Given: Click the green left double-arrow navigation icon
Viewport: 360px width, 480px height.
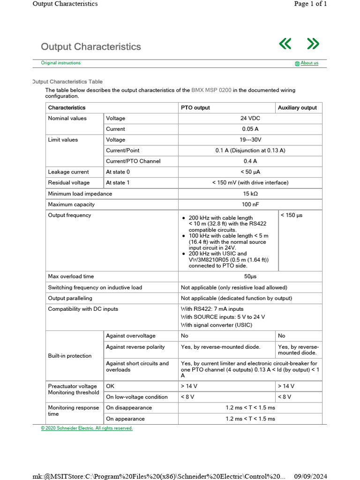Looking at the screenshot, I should (285, 44).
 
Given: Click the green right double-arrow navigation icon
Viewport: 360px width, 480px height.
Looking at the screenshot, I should (313, 44).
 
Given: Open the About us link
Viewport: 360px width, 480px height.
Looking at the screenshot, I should (309, 63).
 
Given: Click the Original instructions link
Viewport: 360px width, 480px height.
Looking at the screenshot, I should (60, 63).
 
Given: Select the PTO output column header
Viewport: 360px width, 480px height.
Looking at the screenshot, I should (195, 108).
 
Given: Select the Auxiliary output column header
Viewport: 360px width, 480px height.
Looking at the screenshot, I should (297, 108).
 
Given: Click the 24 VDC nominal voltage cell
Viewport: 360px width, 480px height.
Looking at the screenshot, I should (250, 119).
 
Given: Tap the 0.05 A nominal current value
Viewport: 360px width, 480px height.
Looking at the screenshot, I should (250, 129).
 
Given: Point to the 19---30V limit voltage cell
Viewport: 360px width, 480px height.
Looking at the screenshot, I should (250, 140).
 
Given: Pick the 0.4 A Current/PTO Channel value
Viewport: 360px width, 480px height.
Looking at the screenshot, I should (250, 161).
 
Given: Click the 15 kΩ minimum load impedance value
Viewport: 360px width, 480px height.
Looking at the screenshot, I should (250, 194).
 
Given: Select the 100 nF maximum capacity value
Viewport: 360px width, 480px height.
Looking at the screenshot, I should (250, 204).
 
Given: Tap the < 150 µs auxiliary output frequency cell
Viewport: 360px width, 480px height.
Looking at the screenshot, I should (292, 216).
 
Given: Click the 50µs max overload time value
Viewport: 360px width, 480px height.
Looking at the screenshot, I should (250, 277).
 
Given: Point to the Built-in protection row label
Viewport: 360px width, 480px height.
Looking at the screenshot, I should (70, 356).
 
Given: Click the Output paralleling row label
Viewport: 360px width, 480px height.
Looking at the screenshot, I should (70, 298).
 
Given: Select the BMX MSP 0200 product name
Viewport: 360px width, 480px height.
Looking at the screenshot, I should (211, 90).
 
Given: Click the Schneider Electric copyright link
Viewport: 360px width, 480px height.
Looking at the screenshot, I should (87, 428).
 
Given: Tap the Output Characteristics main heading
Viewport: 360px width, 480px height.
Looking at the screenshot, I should (91, 47).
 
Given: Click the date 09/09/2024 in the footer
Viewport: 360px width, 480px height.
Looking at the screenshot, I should (310, 476).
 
